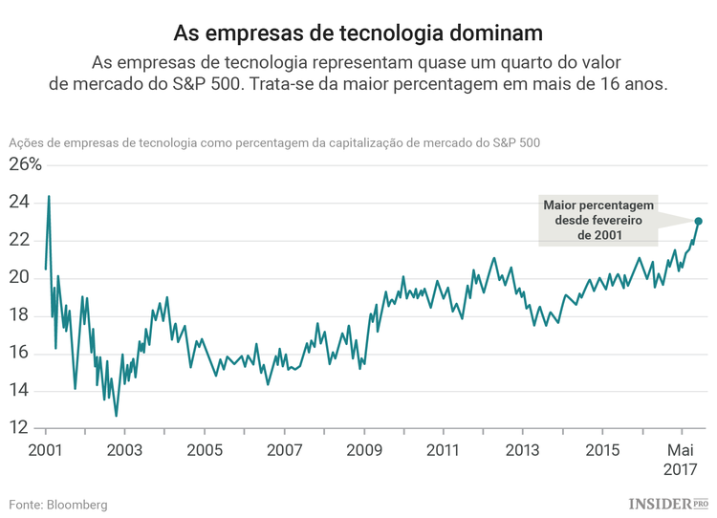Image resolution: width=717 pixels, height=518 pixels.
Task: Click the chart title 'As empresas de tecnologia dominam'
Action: (x=358, y=32)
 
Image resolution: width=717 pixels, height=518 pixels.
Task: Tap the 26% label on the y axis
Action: (x=26, y=164)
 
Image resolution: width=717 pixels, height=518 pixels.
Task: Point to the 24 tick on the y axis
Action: (x=20, y=203)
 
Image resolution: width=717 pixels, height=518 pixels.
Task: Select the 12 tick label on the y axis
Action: (x=20, y=428)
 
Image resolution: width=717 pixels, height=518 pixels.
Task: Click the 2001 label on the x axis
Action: (x=46, y=449)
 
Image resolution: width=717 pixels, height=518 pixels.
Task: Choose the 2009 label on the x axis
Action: (x=364, y=449)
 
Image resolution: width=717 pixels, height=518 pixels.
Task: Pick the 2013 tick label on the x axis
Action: (x=522, y=449)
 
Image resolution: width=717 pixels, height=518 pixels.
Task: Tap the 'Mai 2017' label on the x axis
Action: (x=680, y=459)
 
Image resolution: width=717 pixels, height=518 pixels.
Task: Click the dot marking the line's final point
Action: (x=698, y=221)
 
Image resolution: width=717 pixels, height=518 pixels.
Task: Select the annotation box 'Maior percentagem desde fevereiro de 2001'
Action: (x=597, y=221)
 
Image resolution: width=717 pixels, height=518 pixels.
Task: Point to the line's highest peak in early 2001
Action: (x=49, y=196)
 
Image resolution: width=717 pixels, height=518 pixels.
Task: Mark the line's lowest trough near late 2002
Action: (x=117, y=416)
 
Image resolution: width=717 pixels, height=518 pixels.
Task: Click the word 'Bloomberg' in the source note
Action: (x=76, y=504)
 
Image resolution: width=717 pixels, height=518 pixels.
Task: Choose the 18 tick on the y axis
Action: (x=20, y=315)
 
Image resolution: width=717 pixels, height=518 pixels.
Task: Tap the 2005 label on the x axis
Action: (x=205, y=449)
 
